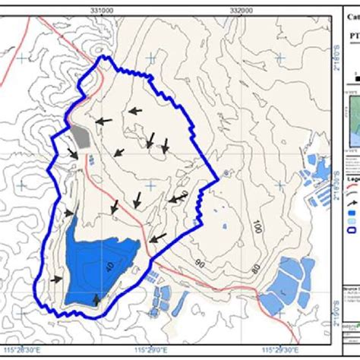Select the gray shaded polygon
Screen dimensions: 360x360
pos(81,136)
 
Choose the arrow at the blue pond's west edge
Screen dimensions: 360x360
pos(57,279)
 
